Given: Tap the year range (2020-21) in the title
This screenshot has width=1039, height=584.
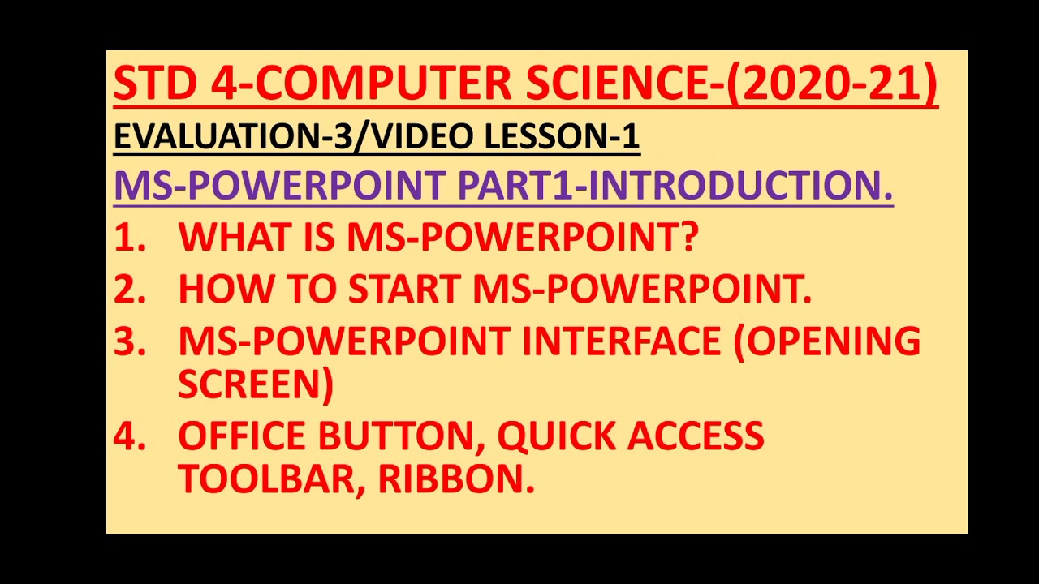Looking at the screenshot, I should pyautogui.click(x=831, y=84).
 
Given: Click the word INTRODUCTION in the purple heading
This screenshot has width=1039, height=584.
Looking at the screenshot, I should pyautogui.click(x=739, y=186).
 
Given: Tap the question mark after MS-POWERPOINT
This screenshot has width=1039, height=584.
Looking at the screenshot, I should pyautogui.click(x=688, y=238).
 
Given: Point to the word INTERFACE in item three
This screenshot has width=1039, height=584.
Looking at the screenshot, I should pyautogui.click(x=621, y=341).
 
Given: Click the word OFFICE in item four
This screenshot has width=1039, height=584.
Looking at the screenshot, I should pyautogui.click(x=241, y=436).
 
